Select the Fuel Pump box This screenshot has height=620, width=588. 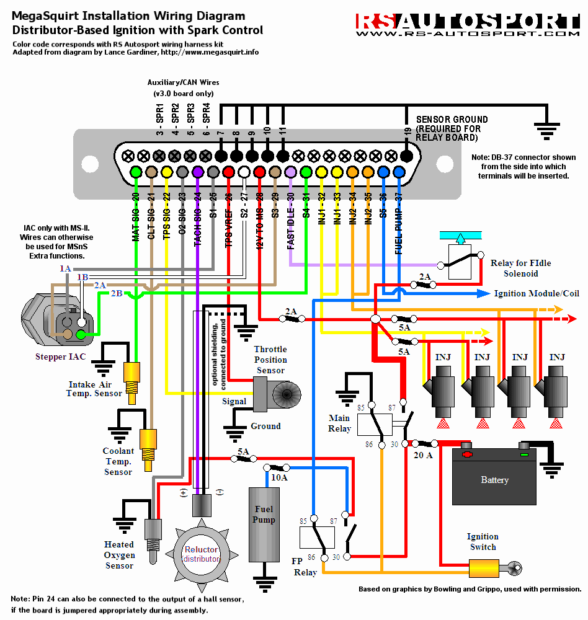(x=264, y=524)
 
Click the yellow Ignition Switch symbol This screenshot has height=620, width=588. (x=484, y=567)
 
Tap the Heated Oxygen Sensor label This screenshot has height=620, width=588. (x=119, y=555)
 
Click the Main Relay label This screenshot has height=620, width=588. (x=339, y=423)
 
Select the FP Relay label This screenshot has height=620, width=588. (x=305, y=567)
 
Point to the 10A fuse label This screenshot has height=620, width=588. (x=279, y=477)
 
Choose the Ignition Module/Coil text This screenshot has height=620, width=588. (x=537, y=293)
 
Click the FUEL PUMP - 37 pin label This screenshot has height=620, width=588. (x=399, y=219)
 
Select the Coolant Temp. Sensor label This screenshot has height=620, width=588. (x=118, y=461)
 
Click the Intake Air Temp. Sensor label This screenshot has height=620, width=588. (x=94, y=389)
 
